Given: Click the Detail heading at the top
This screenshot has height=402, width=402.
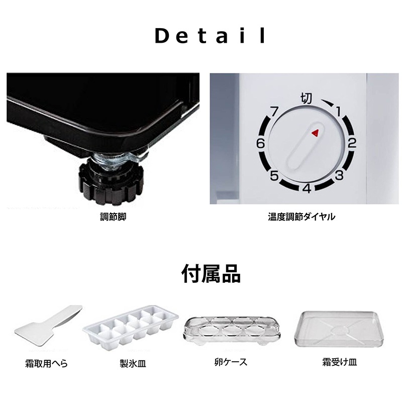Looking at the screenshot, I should [x=211, y=36].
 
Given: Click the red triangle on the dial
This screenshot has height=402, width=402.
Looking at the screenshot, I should [x=316, y=133].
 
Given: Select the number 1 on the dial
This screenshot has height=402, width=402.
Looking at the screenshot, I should [x=339, y=111].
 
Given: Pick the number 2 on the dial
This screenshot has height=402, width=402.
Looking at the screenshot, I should [x=352, y=143].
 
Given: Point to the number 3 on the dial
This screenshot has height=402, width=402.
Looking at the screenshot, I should [x=339, y=175].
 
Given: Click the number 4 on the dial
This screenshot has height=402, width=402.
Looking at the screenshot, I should [x=307, y=189].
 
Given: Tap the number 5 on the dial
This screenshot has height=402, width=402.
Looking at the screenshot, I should [x=274, y=176].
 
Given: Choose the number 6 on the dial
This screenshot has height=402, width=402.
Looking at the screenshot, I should [x=260, y=143].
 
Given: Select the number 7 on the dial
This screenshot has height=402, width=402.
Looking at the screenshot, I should [x=274, y=111].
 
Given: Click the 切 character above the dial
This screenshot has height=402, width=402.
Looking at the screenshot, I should [x=307, y=97].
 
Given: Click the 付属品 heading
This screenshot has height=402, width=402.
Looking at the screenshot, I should [x=211, y=274].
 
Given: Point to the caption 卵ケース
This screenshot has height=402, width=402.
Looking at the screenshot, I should [x=230, y=362].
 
